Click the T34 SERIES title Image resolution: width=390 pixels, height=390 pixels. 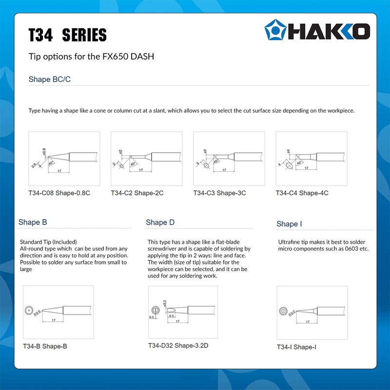pyautogui.click(x=67, y=35)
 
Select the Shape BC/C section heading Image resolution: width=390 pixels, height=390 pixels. pyautogui.click(x=49, y=79)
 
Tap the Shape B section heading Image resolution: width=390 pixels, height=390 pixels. pyautogui.click(x=33, y=222)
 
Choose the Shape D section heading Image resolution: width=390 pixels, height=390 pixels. pyautogui.click(x=160, y=222)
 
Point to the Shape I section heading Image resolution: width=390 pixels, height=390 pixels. pyautogui.click(x=289, y=224)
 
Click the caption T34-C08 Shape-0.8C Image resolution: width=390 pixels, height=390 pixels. pyautogui.click(x=59, y=193)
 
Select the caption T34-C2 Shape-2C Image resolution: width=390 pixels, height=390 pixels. pyautogui.click(x=137, y=193)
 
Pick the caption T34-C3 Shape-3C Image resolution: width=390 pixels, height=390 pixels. pyautogui.click(x=219, y=193)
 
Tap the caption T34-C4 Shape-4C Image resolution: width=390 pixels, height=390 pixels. pyautogui.click(x=302, y=193)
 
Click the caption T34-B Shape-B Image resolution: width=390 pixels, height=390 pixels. pyautogui.click(x=45, y=347)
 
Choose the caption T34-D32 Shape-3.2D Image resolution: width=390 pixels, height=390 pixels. pyautogui.click(x=178, y=346)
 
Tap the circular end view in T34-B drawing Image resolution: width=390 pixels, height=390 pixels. pyautogui.click(x=29, y=310)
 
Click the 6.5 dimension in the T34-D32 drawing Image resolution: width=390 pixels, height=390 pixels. pyautogui.click(x=172, y=316)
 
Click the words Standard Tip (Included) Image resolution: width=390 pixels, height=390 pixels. pyautogui.click(x=48, y=242)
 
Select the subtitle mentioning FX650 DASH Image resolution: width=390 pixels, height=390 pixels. pyautogui.click(x=91, y=57)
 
